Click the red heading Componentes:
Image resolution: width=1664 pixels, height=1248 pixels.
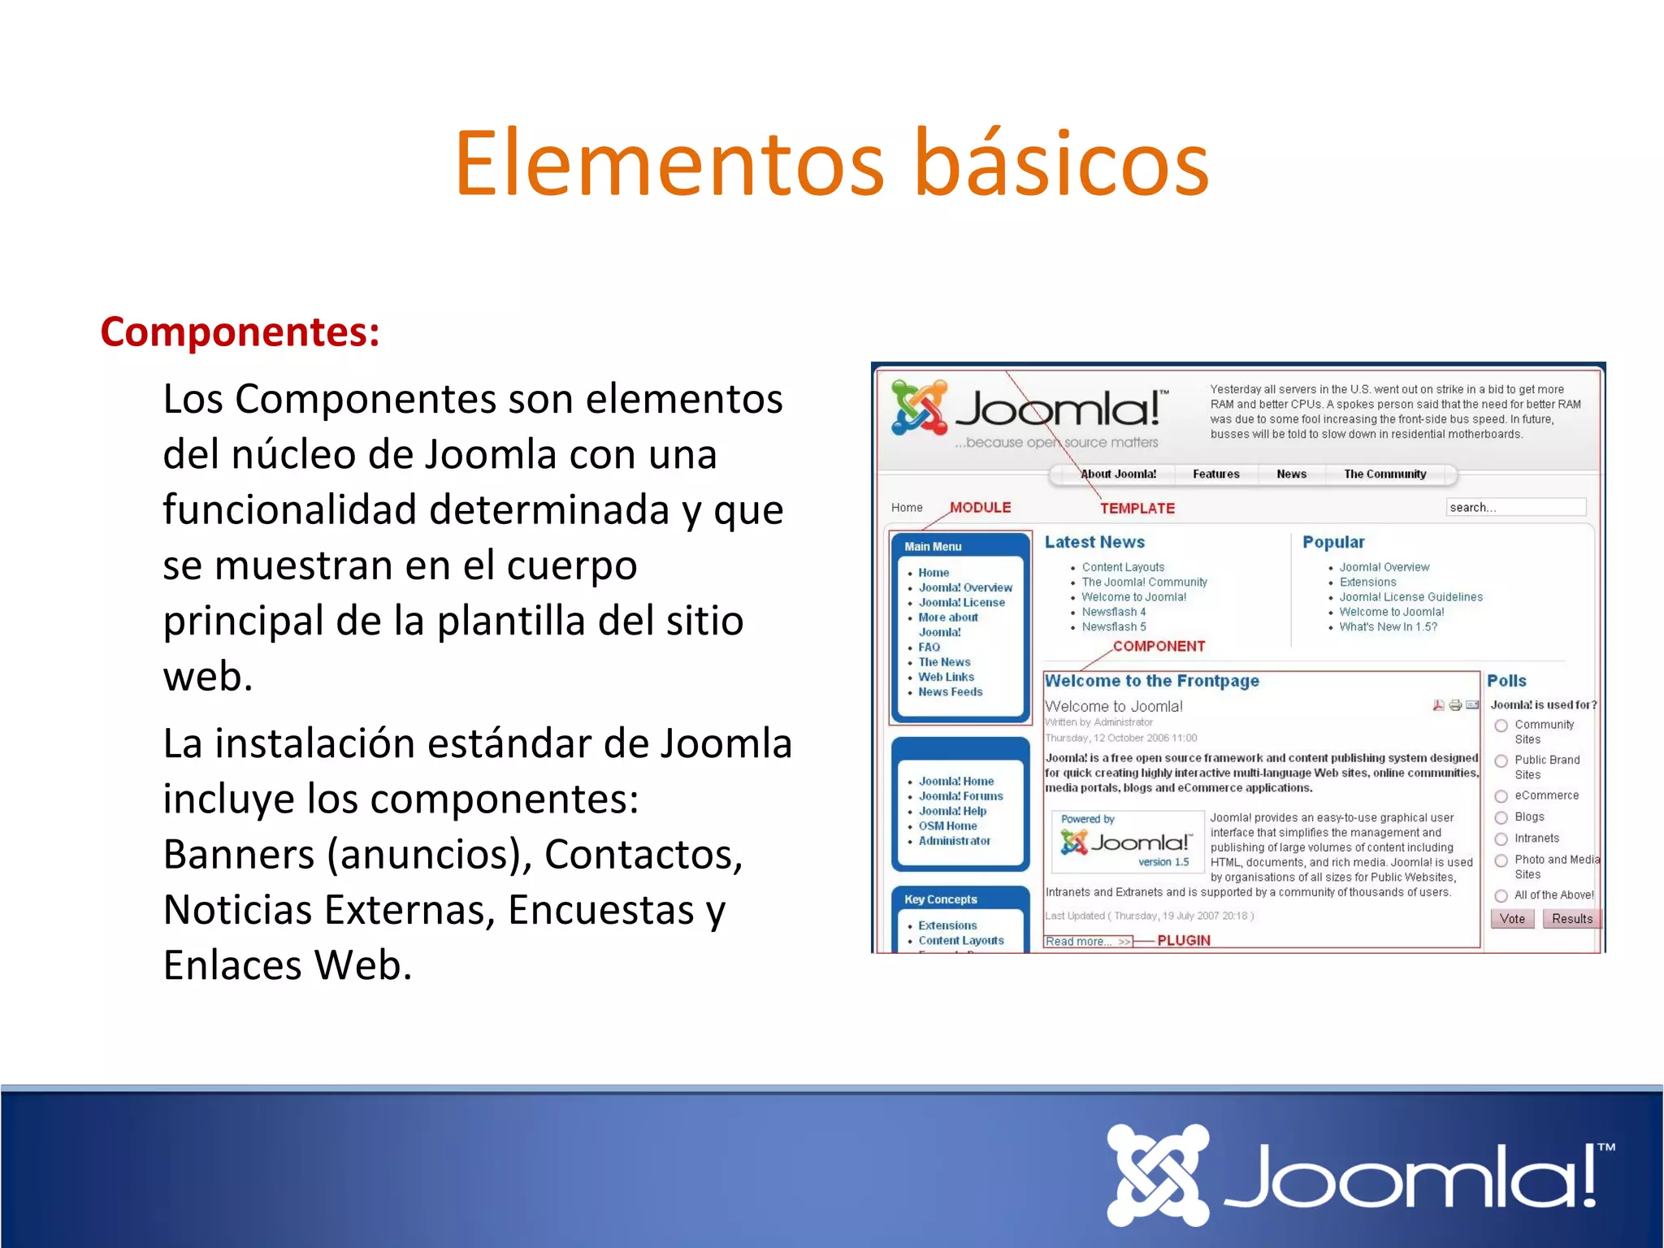click(x=240, y=332)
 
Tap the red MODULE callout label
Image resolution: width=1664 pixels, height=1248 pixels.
click(x=981, y=507)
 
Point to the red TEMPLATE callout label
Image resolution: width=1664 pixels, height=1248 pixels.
click(x=1137, y=508)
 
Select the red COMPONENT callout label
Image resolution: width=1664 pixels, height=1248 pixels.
click(x=1159, y=646)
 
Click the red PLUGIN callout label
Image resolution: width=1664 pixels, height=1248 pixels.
click(x=1184, y=940)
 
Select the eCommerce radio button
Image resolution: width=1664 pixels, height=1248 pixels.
click(x=1501, y=796)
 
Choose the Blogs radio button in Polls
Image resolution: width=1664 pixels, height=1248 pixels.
click(x=1501, y=817)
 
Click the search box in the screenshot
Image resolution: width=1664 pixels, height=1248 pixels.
click(x=1515, y=507)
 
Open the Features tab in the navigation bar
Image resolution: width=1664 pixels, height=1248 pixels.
click(x=1215, y=474)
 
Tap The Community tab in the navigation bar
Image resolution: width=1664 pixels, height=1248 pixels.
click(x=1384, y=474)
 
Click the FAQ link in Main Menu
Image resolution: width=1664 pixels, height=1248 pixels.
click(x=929, y=647)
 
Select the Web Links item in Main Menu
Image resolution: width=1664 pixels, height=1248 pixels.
click(x=946, y=677)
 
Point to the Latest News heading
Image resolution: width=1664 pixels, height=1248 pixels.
click(x=1094, y=542)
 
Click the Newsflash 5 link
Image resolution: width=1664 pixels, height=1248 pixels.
click(x=1114, y=626)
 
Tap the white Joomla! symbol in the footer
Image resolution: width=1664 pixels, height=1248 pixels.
click(x=1158, y=1175)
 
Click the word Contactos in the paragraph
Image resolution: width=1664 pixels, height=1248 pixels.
click(x=643, y=854)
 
